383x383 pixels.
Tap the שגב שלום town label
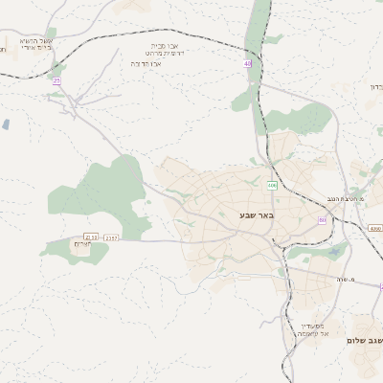(364, 340)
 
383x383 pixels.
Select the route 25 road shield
(56, 81)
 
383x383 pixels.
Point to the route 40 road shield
(247, 64)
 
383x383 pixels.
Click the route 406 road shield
(272, 186)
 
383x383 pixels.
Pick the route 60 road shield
(322, 220)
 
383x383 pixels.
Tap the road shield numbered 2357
(112, 237)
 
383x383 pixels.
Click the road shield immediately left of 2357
(91, 237)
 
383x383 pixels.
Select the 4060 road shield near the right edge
(374, 229)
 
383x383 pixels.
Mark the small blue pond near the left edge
(7, 124)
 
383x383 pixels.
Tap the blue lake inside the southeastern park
(334, 253)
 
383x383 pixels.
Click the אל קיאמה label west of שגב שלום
(312, 334)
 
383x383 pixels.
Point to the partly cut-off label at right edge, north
(375, 86)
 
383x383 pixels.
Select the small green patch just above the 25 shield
(56, 70)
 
